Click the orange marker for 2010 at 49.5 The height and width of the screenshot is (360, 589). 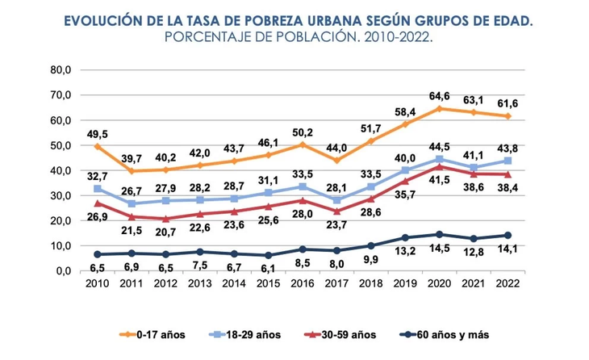98,146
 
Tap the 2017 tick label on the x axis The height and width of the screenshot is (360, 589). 337,283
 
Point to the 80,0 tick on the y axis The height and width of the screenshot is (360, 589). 61,70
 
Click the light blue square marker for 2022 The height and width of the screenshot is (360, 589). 508,161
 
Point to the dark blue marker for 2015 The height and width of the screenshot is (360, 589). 269,255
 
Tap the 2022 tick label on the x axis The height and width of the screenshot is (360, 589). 508,283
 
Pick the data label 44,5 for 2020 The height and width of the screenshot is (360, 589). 440,146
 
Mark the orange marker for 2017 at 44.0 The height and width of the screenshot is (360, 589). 337,160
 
